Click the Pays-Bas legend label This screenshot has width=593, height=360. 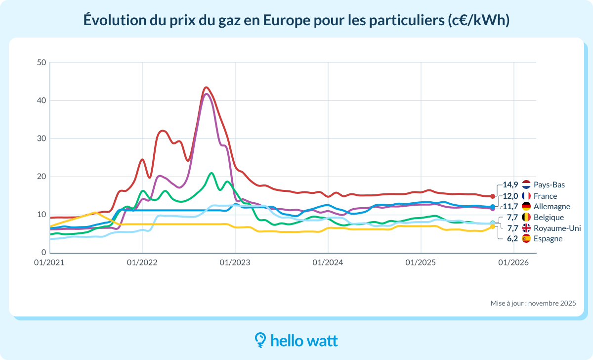(549, 185)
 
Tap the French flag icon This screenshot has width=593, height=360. (526, 196)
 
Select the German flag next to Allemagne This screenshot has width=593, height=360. (526, 207)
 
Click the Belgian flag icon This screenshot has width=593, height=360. (526, 218)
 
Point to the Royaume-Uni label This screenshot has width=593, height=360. (554, 228)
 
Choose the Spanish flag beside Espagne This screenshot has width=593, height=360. (526, 239)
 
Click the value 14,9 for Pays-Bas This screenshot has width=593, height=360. (510, 185)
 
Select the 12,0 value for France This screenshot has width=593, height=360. (510, 196)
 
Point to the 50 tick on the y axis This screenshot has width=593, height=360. (41, 63)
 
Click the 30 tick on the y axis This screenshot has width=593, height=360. (41, 139)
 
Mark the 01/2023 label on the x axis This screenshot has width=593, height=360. (235, 263)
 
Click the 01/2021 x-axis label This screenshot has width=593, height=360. (49, 263)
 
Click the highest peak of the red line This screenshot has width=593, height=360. (206, 88)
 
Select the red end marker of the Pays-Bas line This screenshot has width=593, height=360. (493, 196)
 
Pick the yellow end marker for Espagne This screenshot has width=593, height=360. (493, 226)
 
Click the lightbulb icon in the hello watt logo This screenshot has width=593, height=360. (260, 340)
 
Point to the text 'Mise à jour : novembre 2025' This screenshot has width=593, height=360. (533, 303)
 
